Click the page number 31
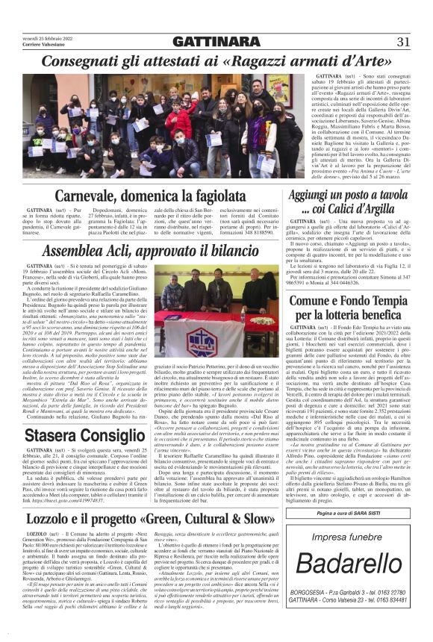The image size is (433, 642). click(403, 41)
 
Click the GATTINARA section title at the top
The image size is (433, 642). click(216, 42)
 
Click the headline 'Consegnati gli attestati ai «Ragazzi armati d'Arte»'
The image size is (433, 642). click(216, 60)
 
